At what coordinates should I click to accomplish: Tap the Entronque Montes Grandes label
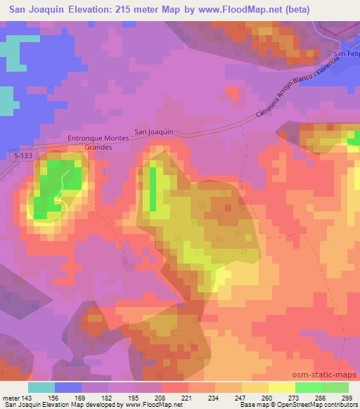(x=98, y=143)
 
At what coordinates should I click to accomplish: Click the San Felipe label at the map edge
(x=347, y=54)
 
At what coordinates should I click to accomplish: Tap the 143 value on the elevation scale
(x=26, y=398)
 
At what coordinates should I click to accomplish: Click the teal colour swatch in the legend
(x=41, y=387)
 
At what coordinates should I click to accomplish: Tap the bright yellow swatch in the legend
(x=282, y=387)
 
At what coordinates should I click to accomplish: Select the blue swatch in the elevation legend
(x=68, y=387)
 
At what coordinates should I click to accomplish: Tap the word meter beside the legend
(x=10, y=398)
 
